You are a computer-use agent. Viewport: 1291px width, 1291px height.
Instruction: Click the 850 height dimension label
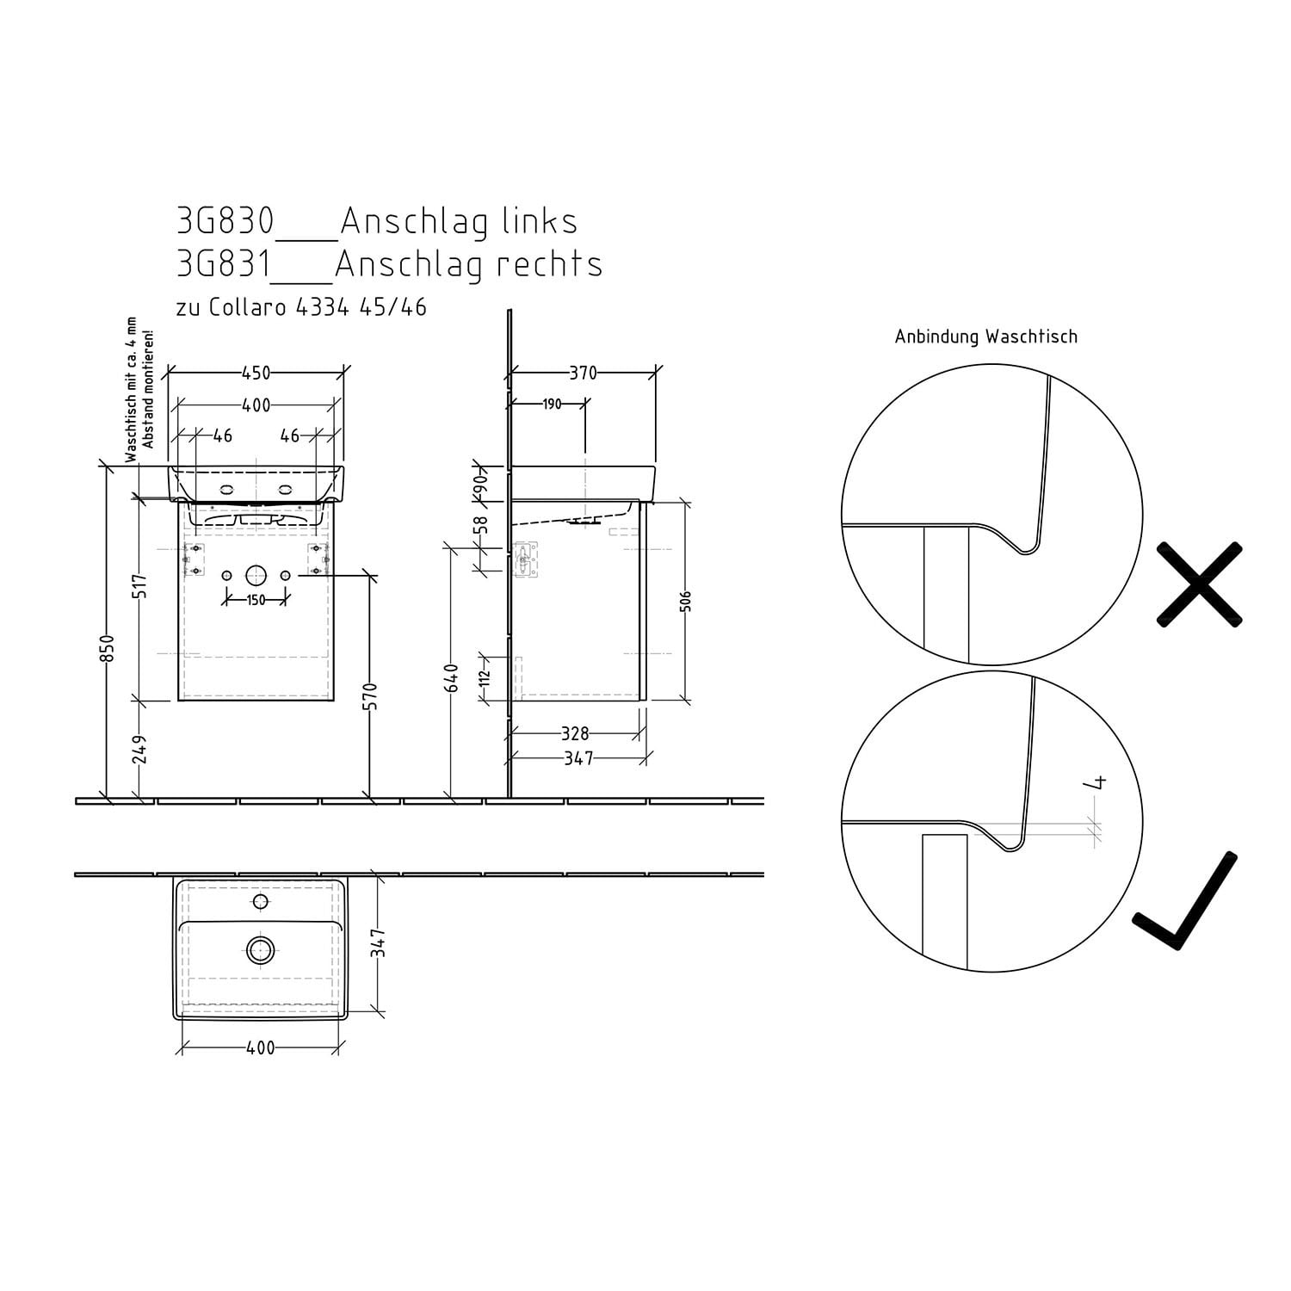[108, 649]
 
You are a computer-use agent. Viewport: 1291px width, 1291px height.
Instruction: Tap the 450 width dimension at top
[256, 373]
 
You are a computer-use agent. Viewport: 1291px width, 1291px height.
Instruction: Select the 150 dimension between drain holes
[256, 600]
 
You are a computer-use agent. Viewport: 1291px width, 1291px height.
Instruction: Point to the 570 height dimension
[372, 696]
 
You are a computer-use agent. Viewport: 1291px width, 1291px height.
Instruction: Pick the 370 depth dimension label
[583, 373]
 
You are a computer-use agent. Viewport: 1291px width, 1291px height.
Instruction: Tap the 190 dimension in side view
[552, 404]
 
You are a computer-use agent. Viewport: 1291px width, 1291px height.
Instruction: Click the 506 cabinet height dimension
[686, 600]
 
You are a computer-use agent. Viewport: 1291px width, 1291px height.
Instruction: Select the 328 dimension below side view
[575, 733]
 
